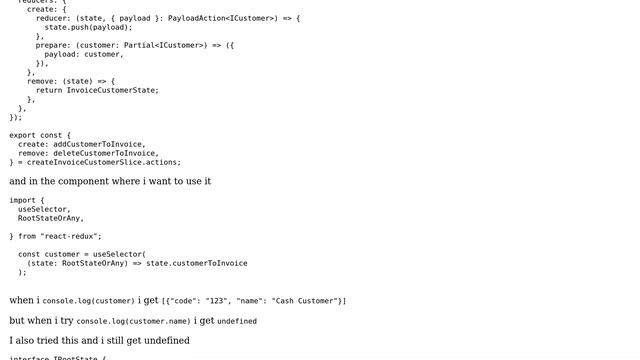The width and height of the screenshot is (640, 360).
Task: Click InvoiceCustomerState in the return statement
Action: click(112, 90)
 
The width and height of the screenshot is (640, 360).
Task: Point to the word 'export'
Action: click(23, 135)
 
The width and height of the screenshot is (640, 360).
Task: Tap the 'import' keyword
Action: click(23, 200)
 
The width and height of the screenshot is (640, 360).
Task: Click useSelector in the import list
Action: click(44, 209)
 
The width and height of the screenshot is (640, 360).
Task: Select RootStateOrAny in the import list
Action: click(49, 218)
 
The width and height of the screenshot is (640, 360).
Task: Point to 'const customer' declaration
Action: click(49, 254)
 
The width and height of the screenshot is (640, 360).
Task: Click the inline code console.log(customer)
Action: click(88, 301)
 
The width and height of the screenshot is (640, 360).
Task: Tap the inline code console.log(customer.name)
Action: click(133, 322)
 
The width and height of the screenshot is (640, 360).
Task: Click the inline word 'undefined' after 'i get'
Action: click(237, 322)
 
